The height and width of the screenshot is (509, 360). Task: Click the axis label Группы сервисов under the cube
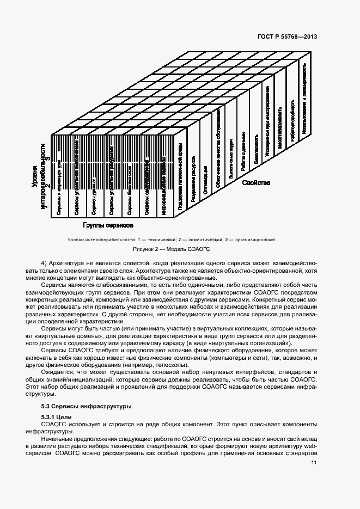tap(109, 224)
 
